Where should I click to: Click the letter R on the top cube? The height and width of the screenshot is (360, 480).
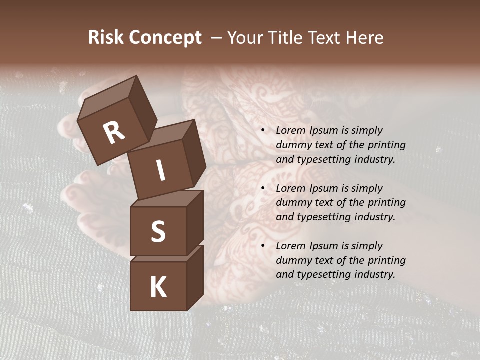click(x=114, y=133)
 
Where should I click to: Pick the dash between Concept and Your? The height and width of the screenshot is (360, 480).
click(x=216, y=38)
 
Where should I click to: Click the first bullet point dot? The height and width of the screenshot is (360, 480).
click(x=263, y=130)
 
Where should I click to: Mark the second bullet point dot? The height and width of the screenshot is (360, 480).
click(x=263, y=188)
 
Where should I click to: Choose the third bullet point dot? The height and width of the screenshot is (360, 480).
click(x=263, y=246)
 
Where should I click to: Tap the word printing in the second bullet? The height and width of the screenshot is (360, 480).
click(x=386, y=203)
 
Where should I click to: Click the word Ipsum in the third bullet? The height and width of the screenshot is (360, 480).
click(x=323, y=246)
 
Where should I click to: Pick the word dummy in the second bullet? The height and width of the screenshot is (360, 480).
click(x=292, y=203)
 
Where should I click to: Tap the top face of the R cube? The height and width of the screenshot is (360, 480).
click(x=109, y=96)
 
